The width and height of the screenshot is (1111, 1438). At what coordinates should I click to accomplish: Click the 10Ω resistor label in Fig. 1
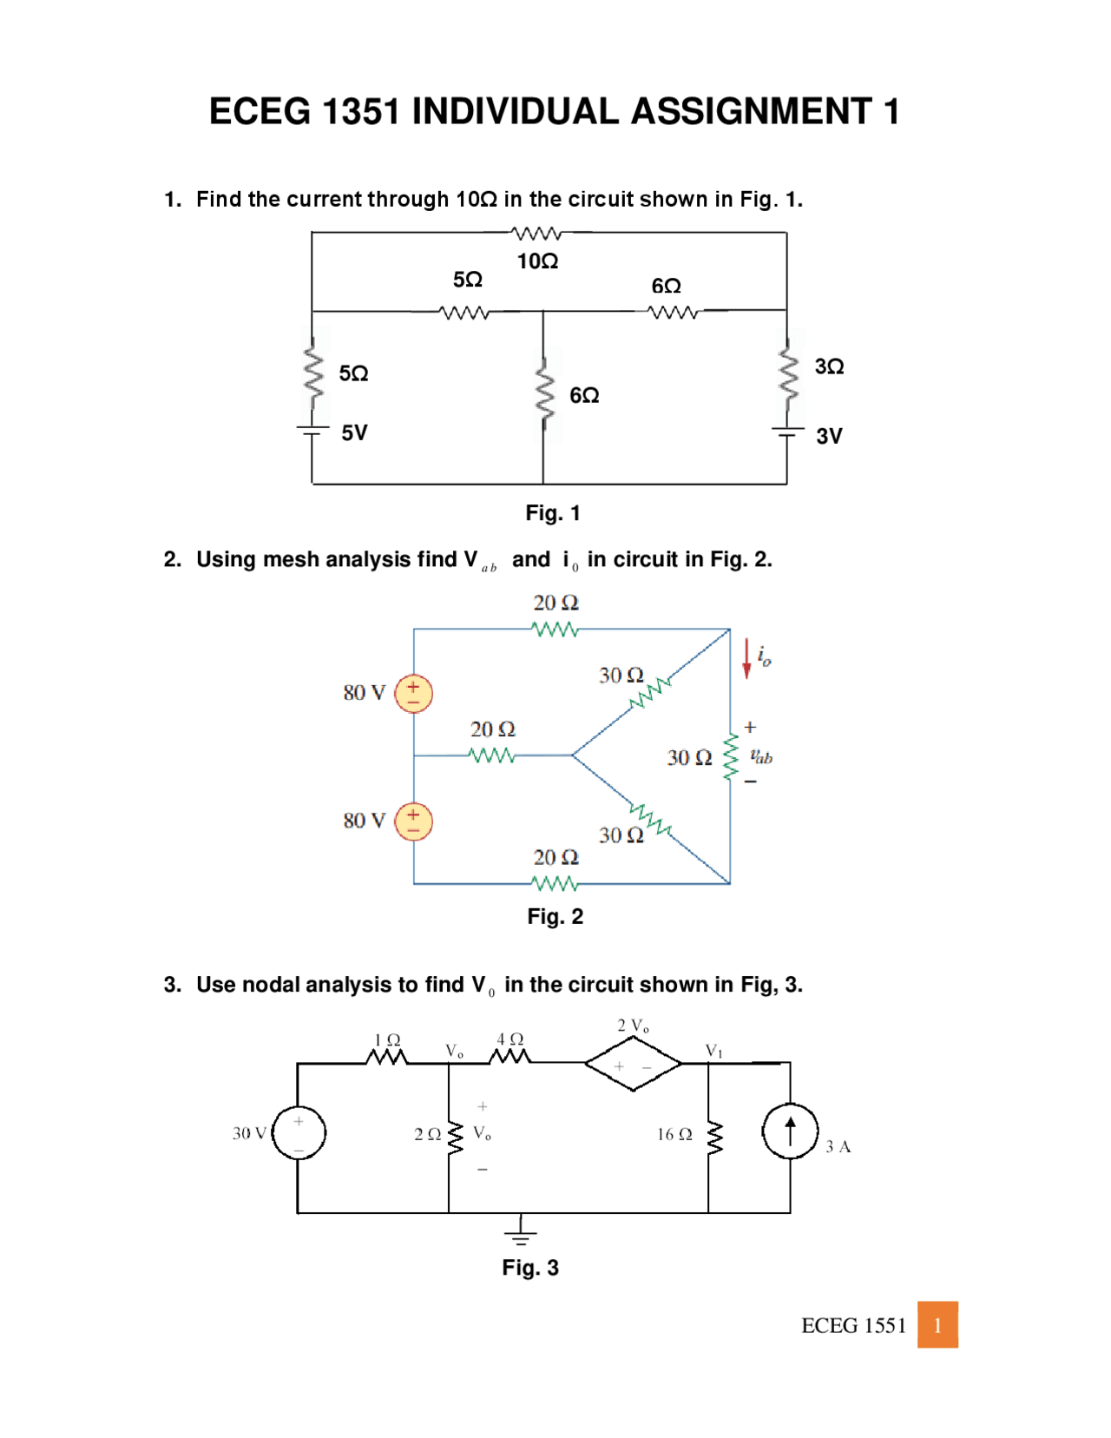coord(537,261)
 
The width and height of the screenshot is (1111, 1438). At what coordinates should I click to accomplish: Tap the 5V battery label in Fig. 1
coord(354,432)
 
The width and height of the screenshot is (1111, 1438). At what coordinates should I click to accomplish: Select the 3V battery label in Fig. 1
coord(829,436)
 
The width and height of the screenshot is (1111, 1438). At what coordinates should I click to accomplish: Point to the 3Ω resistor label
coord(829,366)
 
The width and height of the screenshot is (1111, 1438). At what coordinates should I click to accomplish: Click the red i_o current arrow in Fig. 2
coord(746,658)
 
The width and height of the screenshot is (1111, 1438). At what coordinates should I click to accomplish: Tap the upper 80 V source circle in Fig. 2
coord(413,693)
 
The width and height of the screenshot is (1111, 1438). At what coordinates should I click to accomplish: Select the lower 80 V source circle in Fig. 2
coord(413,821)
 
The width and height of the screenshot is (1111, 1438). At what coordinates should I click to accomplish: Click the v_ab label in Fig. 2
coord(761,757)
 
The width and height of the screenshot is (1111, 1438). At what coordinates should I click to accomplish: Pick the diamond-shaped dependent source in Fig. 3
coord(633,1065)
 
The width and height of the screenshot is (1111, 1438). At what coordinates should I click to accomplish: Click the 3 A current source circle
coord(790,1131)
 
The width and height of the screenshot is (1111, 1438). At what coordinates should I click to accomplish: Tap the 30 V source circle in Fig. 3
coord(299,1132)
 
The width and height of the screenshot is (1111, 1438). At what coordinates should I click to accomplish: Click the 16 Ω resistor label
coord(674,1134)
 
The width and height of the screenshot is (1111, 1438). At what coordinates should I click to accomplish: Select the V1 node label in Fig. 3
coord(713,1051)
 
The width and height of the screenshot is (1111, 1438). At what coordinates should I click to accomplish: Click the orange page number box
coord(937,1324)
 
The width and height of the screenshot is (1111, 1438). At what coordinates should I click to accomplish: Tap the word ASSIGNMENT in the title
coord(751,112)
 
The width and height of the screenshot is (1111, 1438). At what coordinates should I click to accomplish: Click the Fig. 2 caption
coord(555,916)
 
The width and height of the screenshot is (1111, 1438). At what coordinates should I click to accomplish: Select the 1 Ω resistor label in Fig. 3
coord(387,1039)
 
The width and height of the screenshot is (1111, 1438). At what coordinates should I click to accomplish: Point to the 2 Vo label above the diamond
coord(633,1026)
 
